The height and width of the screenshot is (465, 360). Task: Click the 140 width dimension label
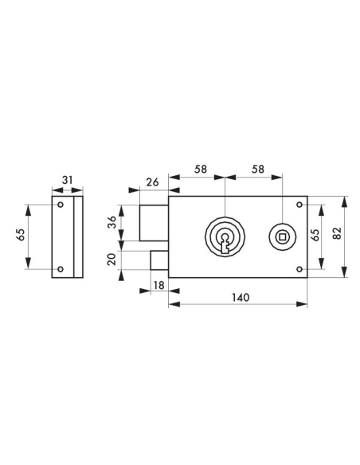pyautogui.click(x=241, y=297)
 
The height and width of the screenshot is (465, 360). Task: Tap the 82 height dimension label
pyautogui.click(x=338, y=233)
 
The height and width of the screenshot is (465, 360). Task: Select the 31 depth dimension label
pyautogui.click(x=67, y=180)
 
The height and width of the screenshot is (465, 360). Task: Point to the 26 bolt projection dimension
pyautogui.click(x=153, y=182)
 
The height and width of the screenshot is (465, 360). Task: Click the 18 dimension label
pyautogui.click(x=159, y=285)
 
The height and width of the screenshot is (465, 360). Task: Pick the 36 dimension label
pyautogui.click(x=112, y=222)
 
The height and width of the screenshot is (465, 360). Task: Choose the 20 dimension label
pyautogui.click(x=112, y=260)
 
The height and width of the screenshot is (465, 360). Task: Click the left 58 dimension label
pyautogui.click(x=201, y=170)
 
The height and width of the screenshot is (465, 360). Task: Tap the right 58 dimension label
pyautogui.click(x=258, y=170)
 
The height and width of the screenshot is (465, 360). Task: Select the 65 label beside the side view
pyautogui.click(x=22, y=235)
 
